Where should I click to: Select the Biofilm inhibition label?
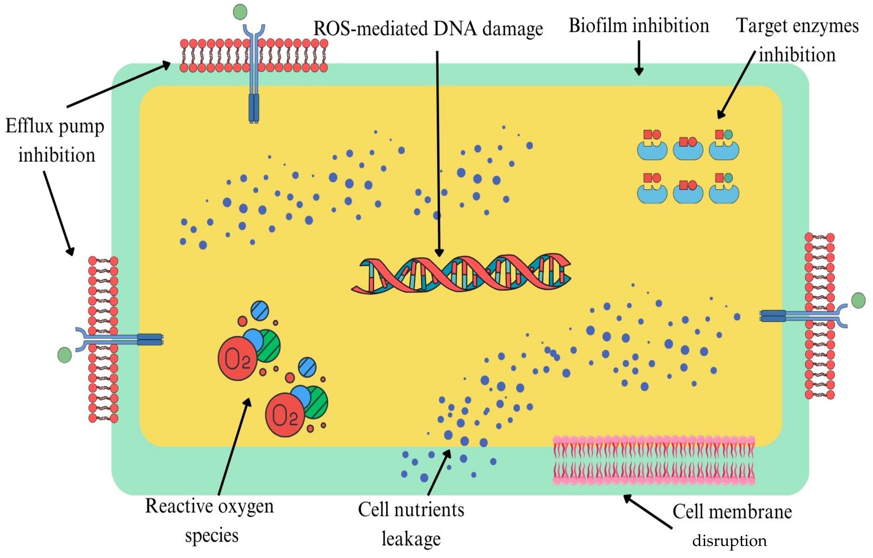[639, 26]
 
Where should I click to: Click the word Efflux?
[30, 127]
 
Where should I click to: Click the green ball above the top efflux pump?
[240, 12]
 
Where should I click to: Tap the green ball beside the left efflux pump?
[64, 355]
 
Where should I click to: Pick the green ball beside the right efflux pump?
[858, 300]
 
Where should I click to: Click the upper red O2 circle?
[238, 358]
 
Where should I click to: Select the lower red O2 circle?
[285, 414]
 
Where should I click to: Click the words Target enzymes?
[797, 26]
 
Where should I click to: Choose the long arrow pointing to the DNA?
[438, 152]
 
